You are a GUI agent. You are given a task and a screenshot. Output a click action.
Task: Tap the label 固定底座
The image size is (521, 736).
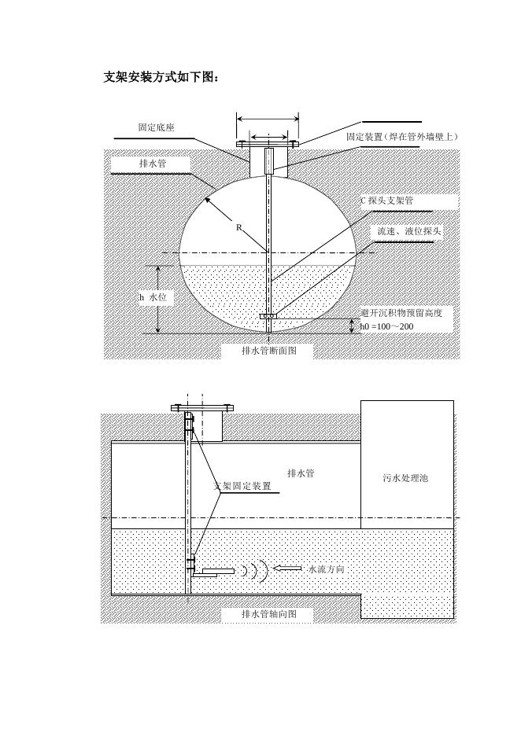156,127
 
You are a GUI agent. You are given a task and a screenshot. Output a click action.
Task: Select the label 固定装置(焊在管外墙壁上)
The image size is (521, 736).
402,137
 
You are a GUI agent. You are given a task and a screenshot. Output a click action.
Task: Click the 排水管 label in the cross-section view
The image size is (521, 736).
152,163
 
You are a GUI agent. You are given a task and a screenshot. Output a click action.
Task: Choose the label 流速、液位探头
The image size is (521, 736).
409,232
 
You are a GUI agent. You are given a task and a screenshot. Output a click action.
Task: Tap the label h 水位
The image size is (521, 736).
153,297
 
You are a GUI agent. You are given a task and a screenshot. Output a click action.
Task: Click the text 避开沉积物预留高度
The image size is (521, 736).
402,312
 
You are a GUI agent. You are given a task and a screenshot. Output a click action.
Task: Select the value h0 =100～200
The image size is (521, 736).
386,326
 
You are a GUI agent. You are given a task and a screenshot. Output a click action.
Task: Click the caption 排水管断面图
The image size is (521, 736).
268,351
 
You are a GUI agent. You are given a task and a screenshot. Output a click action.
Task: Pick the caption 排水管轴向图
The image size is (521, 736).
268,614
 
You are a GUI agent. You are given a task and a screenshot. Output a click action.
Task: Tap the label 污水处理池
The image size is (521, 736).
405,478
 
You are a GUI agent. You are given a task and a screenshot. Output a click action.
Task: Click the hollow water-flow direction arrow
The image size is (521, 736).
289,568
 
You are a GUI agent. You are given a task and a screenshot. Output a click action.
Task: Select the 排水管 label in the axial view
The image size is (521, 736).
301,473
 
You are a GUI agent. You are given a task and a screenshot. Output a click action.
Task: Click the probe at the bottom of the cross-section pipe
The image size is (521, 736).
268,317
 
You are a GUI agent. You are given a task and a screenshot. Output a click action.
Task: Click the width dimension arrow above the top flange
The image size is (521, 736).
267,120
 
